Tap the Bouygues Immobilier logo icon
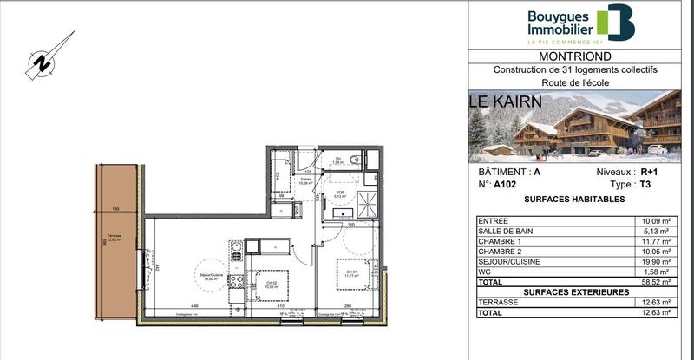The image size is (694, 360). point(621,23)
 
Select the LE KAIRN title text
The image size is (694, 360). point(506,101)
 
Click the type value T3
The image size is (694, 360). point(643,185)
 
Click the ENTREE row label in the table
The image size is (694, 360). point(494,221)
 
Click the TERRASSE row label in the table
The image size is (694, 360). point(498,302)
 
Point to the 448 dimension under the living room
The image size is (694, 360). point(196,305)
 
